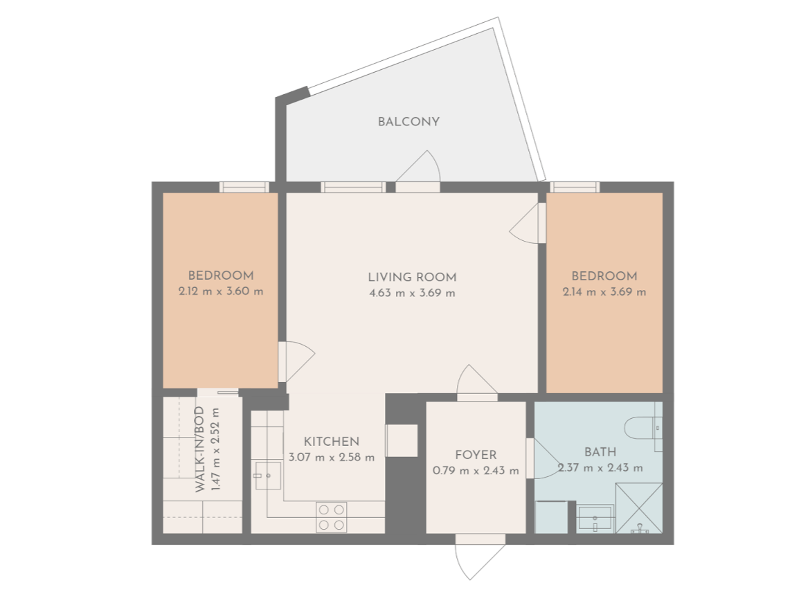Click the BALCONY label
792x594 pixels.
click(x=408, y=122)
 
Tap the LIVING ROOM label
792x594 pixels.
click(x=412, y=277)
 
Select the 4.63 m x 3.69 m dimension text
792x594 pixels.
click(x=412, y=293)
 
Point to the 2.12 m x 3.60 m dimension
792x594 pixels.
click(x=221, y=291)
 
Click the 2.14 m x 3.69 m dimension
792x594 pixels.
click(x=604, y=292)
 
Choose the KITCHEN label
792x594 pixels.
click(x=332, y=442)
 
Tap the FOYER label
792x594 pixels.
click(x=476, y=455)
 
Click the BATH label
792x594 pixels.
click(x=600, y=452)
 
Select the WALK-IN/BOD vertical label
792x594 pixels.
click(x=199, y=449)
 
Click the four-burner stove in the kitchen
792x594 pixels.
click(x=332, y=517)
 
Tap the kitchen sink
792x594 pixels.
click(x=268, y=476)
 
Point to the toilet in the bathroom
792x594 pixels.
click(x=643, y=429)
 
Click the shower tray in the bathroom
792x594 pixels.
click(x=638, y=508)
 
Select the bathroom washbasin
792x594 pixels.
click(x=596, y=519)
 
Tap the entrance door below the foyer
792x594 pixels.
click(x=480, y=557)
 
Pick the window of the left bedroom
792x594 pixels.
click(x=244, y=187)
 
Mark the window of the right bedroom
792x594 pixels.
click(x=575, y=187)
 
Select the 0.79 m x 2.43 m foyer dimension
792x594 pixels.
click(x=476, y=471)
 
